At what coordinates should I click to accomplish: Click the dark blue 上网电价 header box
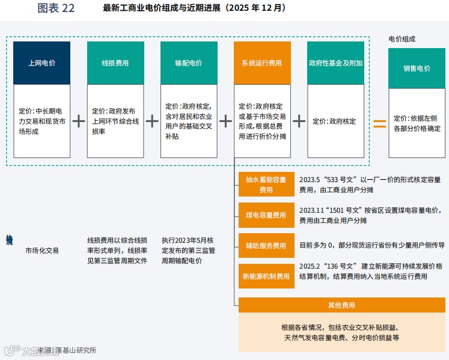point(41,63)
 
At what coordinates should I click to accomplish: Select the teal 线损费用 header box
point(115,63)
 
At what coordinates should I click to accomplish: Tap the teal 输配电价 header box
point(189,63)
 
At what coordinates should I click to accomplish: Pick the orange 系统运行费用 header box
point(262,63)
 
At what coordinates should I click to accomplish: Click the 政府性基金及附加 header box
point(335,63)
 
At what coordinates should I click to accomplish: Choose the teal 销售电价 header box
point(417,69)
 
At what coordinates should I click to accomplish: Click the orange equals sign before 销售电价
point(379,123)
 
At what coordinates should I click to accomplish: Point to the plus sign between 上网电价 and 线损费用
point(79,121)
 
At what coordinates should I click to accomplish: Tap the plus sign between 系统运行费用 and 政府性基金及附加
point(299,121)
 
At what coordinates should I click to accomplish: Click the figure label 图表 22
point(56,8)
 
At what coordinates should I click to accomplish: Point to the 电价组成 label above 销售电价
point(402,39)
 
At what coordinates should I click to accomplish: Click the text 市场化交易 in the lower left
point(42,250)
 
